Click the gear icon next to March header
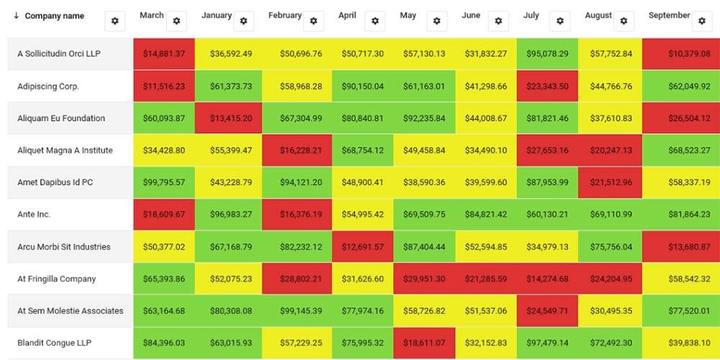[176, 21]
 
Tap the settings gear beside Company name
[114, 22]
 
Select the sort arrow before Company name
[17, 16]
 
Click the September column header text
[669, 15]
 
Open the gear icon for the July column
[561, 21]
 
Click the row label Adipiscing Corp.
[48, 86]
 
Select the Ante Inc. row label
[34, 215]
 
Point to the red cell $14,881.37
[163, 54]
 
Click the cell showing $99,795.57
[163, 183]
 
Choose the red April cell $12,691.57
[362, 247]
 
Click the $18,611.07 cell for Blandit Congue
[424, 343]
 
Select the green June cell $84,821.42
[485, 215]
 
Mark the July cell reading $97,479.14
[546, 343]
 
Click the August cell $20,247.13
[609, 150]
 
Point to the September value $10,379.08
[678, 54]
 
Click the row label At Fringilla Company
[56, 279]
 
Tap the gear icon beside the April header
[374, 21]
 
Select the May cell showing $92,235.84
[424, 119]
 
